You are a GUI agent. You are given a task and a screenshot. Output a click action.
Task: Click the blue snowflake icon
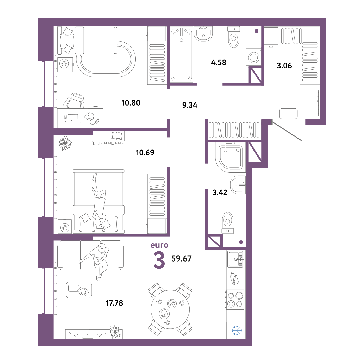click(x=237, y=330)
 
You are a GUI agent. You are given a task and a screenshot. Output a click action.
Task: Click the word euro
click(x=159, y=245)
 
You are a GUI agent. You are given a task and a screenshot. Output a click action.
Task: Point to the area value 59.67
click(x=181, y=259)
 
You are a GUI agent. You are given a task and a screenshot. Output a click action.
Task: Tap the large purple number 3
click(x=159, y=260)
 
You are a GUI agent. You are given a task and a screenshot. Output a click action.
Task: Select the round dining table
click(x=170, y=309)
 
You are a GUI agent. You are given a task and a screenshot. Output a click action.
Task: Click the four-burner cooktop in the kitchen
click(x=235, y=299)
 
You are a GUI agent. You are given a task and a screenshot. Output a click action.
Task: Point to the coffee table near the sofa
click(x=79, y=290)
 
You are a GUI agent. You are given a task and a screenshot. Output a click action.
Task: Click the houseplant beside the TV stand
click(x=115, y=331)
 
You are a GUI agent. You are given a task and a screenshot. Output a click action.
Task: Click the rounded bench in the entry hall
click(x=288, y=114)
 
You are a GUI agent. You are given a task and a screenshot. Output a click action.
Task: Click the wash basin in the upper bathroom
click(x=203, y=34)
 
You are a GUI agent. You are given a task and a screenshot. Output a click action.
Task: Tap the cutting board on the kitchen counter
click(x=235, y=278)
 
